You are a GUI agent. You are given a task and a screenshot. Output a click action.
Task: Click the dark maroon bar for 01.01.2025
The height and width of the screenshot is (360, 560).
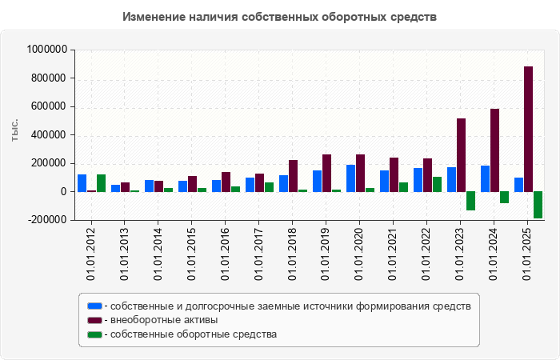pyautogui.click(x=528, y=129)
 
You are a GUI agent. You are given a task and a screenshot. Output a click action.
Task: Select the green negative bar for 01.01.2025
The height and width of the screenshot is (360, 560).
pyautogui.click(x=538, y=205)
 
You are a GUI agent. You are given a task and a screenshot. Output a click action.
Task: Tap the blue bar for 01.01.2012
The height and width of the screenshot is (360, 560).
pyautogui.click(x=82, y=183)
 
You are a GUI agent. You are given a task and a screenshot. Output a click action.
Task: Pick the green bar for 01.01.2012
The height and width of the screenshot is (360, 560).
pyautogui.click(x=101, y=183)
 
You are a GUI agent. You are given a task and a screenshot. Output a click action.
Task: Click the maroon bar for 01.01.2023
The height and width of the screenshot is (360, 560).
pyautogui.click(x=461, y=155)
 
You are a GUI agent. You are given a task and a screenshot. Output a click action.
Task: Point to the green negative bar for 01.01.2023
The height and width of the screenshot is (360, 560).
pyautogui.click(x=470, y=201)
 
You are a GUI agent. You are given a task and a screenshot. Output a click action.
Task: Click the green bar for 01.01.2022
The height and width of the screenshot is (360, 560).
pyautogui.click(x=437, y=184)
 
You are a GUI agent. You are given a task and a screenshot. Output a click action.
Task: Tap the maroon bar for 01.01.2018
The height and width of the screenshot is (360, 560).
pyautogui.click(x=293, y=176)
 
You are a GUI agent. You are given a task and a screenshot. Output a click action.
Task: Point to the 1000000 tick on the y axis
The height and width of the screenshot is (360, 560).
pyautogui.click(x=46, y=50)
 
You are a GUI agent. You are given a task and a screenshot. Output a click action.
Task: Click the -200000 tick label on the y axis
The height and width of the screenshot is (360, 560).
pyautogui.click(x=46, y=220)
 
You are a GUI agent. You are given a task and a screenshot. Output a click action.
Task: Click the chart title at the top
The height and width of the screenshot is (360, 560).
pyautogui.click(x=280, y=17)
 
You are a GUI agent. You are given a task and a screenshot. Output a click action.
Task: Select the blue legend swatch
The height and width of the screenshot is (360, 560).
pyautogui.click(x=94, y=306)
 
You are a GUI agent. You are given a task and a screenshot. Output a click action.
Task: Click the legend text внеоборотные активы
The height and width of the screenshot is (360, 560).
pyautogui.click(x=163, y=320)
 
